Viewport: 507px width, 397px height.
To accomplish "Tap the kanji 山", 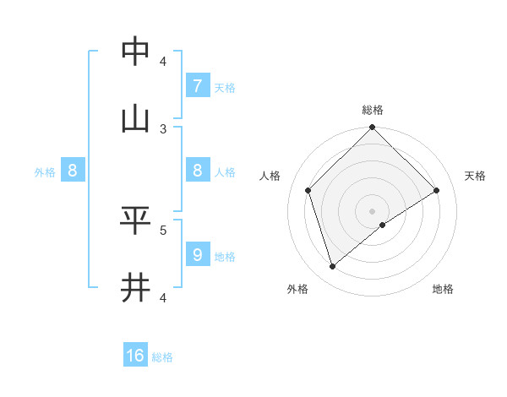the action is point(136,120).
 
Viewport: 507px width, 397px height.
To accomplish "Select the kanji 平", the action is point(136,220).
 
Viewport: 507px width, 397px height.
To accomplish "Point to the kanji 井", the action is point(136,288).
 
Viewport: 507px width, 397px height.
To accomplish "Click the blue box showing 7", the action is point(197,85).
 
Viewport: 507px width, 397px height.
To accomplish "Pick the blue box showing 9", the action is point(197,254).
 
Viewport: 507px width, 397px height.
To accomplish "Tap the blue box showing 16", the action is point(135,356).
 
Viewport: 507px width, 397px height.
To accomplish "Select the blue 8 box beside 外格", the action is point(73,171).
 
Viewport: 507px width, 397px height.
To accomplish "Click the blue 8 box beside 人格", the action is point(197,171).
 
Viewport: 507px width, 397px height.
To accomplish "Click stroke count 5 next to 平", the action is point(163,229).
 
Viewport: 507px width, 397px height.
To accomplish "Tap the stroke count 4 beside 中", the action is point(163,61).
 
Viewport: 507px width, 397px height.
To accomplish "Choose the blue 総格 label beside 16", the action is point(162,357).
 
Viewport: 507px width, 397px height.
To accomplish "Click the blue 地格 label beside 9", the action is point(225,256).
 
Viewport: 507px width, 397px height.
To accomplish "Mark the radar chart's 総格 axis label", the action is point(373,110).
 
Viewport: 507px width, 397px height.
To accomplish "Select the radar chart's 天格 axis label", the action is point(475,176).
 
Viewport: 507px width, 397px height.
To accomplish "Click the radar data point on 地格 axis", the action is point(383,225).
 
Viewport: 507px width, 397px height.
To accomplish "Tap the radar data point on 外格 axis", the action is point(333,266).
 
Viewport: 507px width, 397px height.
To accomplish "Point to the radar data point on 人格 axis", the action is point(308,190).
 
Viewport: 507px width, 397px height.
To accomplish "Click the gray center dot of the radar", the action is point(373,210).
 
